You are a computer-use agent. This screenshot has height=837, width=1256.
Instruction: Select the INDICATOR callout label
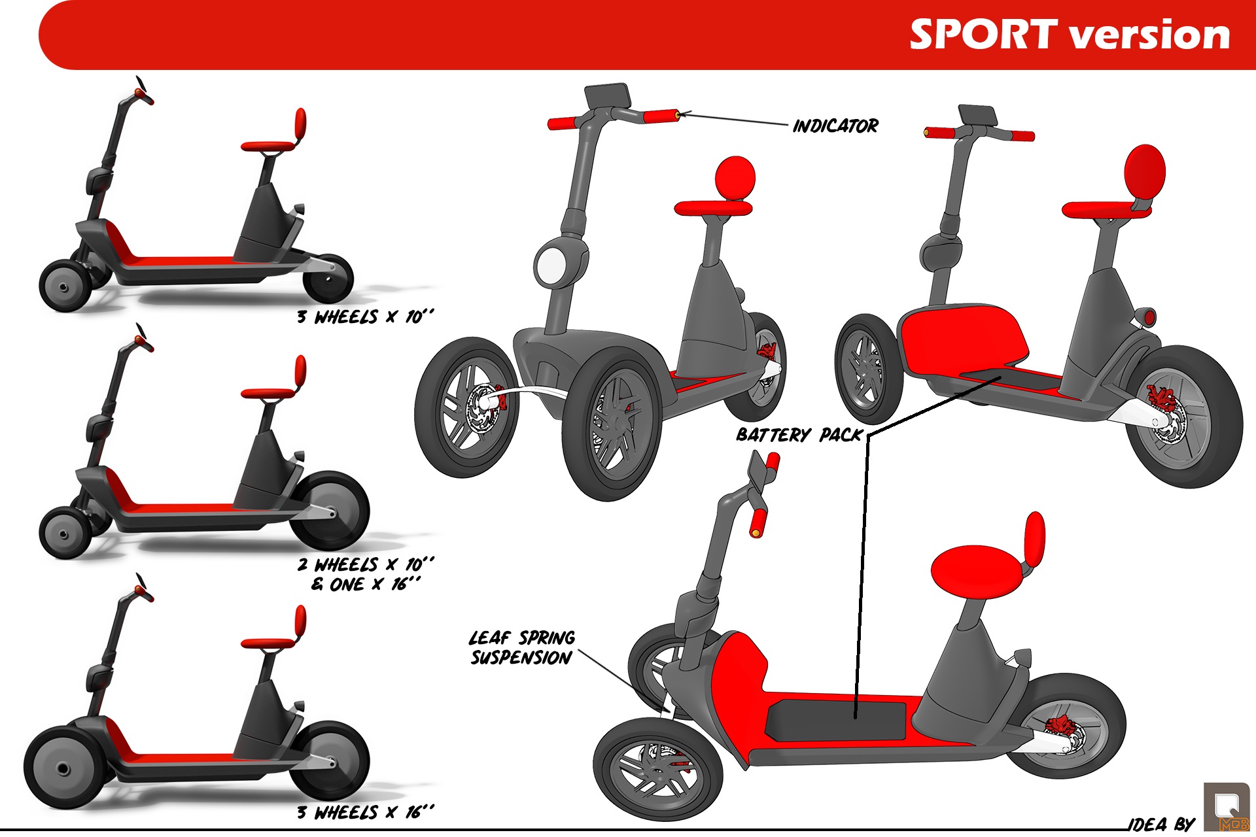(x=835, y=126)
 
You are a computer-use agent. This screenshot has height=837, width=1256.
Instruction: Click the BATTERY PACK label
(x=799, y=435)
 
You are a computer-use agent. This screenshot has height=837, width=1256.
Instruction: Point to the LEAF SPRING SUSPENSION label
(x=522, y=647)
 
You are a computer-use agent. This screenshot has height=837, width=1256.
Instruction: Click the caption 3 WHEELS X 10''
(x=365, y=317)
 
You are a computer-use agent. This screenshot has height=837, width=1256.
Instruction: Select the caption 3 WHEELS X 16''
(x=365, y=812)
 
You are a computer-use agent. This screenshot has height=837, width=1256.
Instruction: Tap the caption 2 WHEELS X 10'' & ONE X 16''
(x=365, y=573)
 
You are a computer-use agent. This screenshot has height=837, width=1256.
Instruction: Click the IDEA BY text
(x=1162, y=824)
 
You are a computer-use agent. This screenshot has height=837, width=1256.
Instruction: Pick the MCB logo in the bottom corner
(x=1226, y=807)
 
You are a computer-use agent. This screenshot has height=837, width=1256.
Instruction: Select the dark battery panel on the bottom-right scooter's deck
(x=836, y=719)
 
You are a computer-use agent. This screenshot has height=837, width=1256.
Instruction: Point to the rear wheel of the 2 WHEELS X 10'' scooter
(x=330, y=511)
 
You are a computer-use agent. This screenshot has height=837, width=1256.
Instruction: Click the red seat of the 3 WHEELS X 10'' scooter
(x=268, y=146)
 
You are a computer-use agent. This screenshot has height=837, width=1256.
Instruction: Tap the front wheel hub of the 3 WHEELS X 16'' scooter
(x=63, y=769)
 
